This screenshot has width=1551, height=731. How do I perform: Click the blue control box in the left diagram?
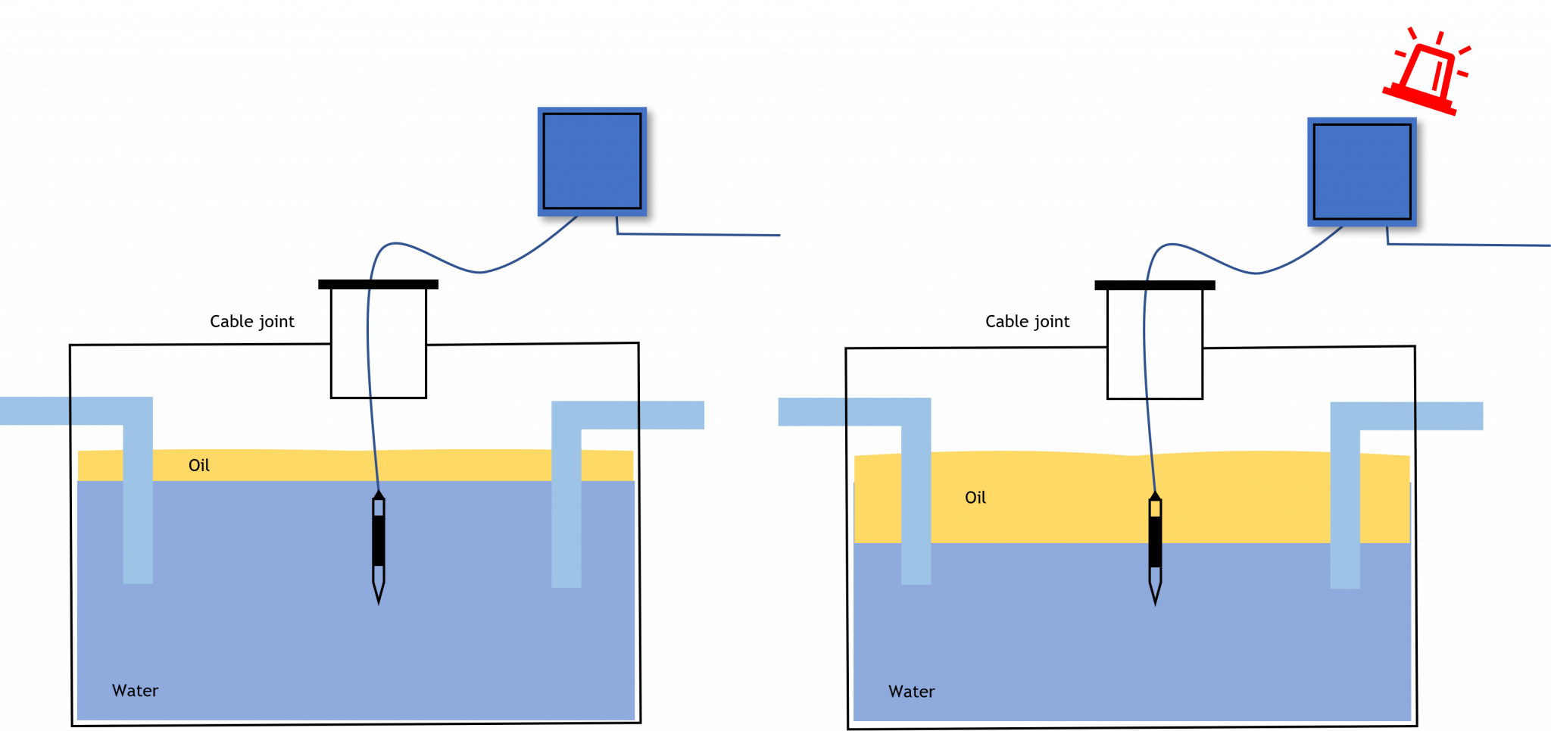[x=592, y=161]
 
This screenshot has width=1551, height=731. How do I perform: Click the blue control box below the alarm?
[x=1362, y=172]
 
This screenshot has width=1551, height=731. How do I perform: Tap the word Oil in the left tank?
[x=199, y=465]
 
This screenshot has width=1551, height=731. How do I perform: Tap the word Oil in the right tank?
[x=975, y=498]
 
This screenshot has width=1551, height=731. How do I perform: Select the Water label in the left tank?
[x=135, y=691]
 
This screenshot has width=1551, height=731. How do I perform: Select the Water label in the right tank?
[x=911, y=692]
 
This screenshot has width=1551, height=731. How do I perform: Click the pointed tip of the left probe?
[x=379, y=598]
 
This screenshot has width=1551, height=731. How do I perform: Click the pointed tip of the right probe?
[x=1155, y=600]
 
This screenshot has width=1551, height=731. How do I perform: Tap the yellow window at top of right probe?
[x=1155, y=508]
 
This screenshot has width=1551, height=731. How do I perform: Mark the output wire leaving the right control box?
[x=1469, y=245]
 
